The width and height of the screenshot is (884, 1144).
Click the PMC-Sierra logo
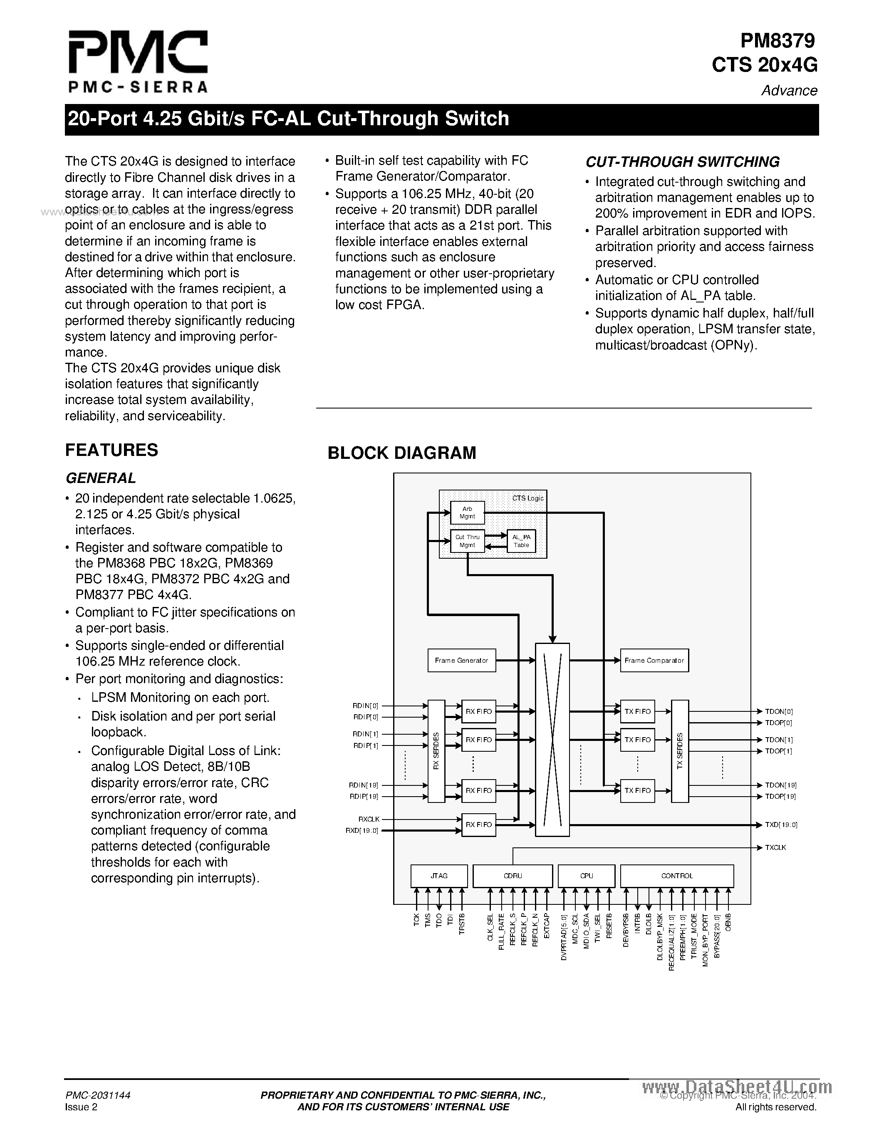pyautogui.click(x=138, y=61)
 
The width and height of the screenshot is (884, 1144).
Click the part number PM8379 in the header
pyautogui.click(x=778, y=40)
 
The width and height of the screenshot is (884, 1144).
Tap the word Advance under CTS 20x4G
pyautogui.click(x=789, y=91)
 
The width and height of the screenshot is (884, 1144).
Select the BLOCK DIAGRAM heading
pyautogui.click(x=402, y=453)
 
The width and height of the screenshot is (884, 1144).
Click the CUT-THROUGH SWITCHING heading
pyautogui.click(x=682, y=162)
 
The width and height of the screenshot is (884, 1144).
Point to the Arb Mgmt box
pyautogui.click(x=467, y=512)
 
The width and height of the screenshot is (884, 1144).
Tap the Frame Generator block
pyautogui.click(x=461, y=661)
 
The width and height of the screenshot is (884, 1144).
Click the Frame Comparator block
pyautogui.click(x=654, y=661)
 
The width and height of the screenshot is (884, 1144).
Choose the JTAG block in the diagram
pyautogui.click(x=439, y=876)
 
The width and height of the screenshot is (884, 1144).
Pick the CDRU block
pyautogui.click(x=513, y=876)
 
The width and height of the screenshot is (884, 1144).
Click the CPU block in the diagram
pyautogui.click(x=587, y=876)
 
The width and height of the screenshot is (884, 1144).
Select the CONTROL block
pyautogui.click(x=676, y=876)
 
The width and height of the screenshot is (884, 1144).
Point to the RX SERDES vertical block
pyautogui.click(x=436, y=750)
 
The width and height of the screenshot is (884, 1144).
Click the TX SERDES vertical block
pyautogui.click(x=680, y=750)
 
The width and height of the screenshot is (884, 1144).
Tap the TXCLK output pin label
pyautogui.click(x=775, y=847)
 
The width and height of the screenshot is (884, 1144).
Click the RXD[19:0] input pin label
pyautogui.click(x=362, y=830)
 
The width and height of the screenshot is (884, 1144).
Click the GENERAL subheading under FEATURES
pyautogui.click(x=101, y=478)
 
